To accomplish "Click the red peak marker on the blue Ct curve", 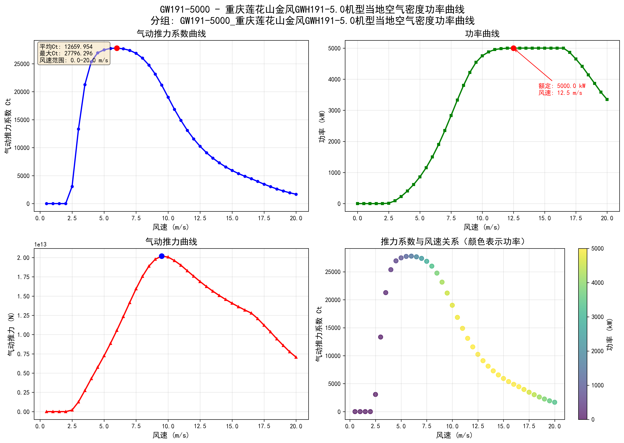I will [x=117, y=48].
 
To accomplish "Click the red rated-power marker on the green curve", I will [x=513, y=48].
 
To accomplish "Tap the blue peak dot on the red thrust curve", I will [x=162, y=256].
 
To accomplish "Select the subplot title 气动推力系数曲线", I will [x=171, y=34].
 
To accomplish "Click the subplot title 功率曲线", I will [x=482, y=34].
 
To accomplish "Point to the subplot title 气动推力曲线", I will [x=171, y=242].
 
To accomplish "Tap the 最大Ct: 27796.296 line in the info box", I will [x=66, y=53].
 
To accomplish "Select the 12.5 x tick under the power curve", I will [x=513, y=218].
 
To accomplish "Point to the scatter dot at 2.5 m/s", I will [x=375, y=394].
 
